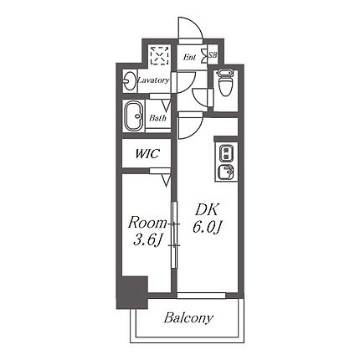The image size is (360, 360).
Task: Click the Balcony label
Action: (188, 318)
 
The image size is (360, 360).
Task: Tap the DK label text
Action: (206, 210)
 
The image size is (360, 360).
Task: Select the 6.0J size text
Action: (207, 228)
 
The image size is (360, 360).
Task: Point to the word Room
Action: (147, 224)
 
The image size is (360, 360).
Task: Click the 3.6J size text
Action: (148, 240)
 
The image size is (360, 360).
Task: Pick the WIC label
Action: (147, 154)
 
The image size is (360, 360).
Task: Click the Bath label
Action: (157, 118)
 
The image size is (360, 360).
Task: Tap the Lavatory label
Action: (153, 80)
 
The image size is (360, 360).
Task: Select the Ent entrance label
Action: (190, 58)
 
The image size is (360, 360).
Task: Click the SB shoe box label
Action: (213, 55)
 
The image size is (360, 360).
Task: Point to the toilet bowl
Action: (225, 83)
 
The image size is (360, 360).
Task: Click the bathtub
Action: (134, 116)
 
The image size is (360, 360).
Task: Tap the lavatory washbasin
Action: (129, 81)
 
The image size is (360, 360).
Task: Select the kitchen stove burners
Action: (225, 153)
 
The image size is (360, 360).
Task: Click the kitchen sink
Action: (226, 172)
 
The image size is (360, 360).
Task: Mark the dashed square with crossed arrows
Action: (160, 55)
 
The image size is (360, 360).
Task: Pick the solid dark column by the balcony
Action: (131, 292)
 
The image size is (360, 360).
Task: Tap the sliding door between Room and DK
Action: (174, 234)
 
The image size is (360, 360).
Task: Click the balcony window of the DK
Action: (201, 296)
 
